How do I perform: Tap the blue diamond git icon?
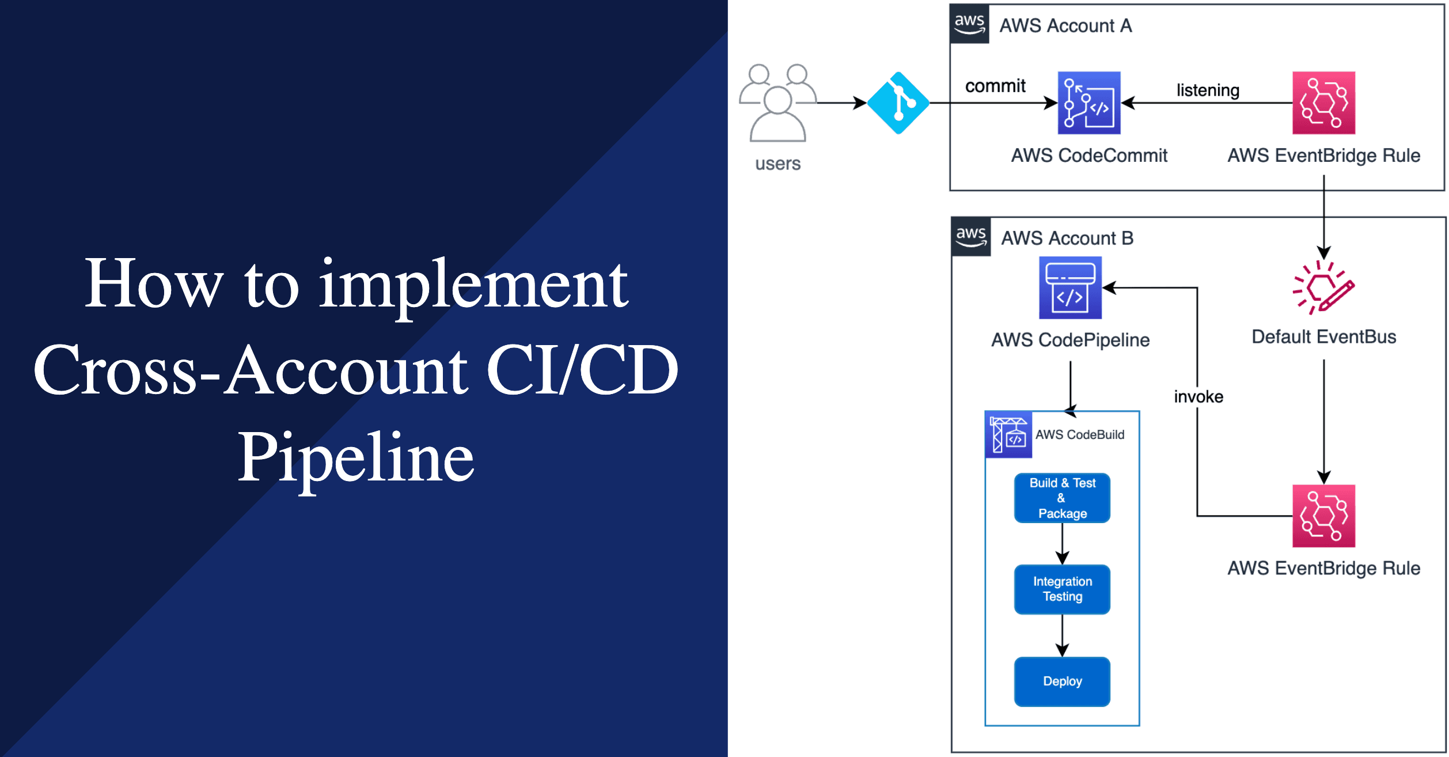point(898,103)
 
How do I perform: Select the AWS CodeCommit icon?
point(1089,103)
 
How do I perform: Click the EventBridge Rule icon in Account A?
point(1323,103)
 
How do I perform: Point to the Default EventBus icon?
point(1323,287)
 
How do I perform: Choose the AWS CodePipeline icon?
point(1070,287)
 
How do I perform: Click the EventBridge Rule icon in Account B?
point(1323,516)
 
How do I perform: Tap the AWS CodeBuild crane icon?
point(1008,435)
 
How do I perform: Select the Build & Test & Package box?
point(1062,498)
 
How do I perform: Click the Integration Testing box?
point(1062,589)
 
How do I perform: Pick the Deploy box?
point(1062,681)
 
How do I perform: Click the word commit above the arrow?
point(995,86)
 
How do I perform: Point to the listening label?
point(1208,90)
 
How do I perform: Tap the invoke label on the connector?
point(1198,396)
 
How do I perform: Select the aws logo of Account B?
point(972,237)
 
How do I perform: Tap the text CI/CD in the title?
point(582,370)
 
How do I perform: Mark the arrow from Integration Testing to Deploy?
point(1062,635)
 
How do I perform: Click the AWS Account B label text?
point(1067,238)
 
